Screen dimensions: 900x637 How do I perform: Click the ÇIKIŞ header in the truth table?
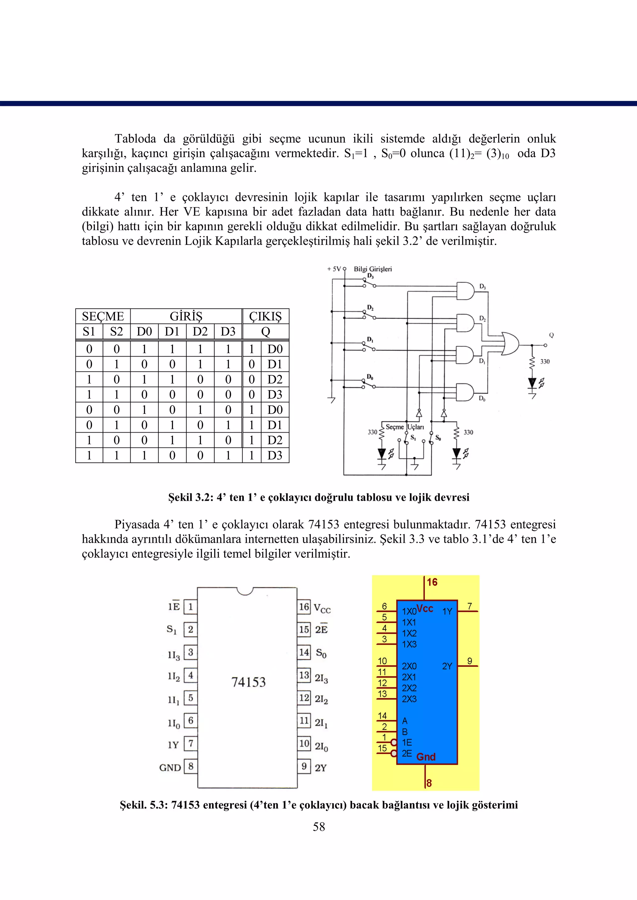tap(266, 316)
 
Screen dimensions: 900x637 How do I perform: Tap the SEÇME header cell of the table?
tap(103, 316)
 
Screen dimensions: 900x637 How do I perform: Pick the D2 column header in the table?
tap(200, 331)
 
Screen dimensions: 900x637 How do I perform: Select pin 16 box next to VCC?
tap(304, 607)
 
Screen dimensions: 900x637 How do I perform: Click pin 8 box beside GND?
tap(191, 766)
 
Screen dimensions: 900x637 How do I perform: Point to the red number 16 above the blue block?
tap(432, 582)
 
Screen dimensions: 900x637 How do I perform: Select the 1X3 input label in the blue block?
tap(409, 644)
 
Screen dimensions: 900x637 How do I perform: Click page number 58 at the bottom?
tap(318, 827)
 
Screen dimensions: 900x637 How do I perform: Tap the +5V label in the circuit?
tap(334, 269)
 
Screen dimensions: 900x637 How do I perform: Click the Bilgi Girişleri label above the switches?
tap(373, 269)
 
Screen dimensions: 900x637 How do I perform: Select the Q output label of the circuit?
tap(551, 335)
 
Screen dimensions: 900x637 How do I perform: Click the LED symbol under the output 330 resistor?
tap(532, 383)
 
